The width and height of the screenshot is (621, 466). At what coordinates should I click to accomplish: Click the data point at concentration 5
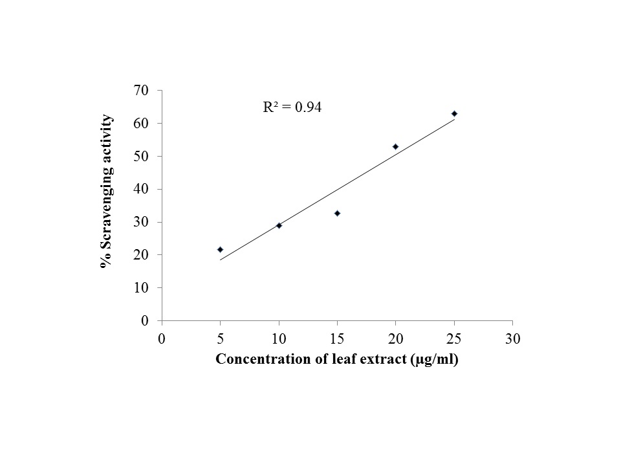tap(220, 249)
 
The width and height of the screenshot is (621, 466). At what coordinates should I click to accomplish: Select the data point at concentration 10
tap(279, 225)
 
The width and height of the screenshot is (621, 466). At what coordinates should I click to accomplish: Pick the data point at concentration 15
tap(337, 213)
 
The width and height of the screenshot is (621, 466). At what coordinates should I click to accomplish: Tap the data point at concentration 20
tap(395, 146)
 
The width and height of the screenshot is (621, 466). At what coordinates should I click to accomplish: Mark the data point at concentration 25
tap(454, 113)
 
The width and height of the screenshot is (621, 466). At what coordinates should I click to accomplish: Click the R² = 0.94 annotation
tap(292, 108)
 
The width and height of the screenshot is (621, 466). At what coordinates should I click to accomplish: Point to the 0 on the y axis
tap(146, 320)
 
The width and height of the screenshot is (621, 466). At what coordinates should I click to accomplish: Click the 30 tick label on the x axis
tap(512, 338)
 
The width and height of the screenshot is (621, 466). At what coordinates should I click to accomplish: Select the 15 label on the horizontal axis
tap(337, 338)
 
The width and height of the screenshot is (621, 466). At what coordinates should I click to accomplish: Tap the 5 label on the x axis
tap(220, 338)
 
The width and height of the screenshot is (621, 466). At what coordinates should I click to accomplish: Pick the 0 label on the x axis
tap(162, 338)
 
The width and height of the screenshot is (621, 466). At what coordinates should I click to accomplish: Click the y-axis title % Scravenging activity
tap(107, 192)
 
